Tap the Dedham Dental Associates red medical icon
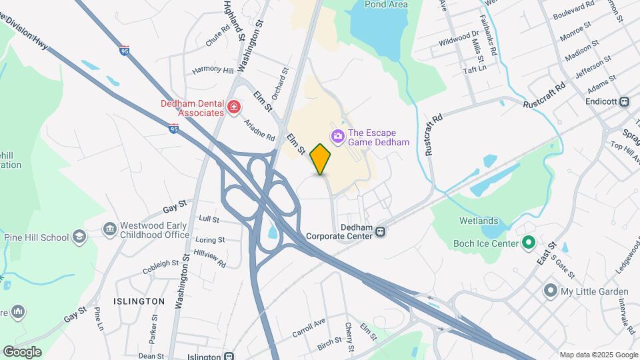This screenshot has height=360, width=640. click(233, 107)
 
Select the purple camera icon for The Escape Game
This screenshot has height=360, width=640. click(337, 137)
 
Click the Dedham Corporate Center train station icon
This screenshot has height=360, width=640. click(379, 231)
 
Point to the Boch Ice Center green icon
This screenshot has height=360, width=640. click(529, 243)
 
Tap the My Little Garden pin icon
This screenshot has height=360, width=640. click(550, 291)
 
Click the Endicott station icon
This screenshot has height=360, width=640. click(625, 102)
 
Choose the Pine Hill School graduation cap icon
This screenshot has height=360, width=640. click(79, 237)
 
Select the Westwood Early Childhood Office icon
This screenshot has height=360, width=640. click(109, 230)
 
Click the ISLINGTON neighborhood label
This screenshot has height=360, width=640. click(139, 301)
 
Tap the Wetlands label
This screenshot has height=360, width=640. click(478, 221)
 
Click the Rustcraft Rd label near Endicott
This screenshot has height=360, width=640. click(544, 95)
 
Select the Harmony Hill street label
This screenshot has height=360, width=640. click(213, 70)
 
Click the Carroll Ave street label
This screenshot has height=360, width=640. click(309, 327)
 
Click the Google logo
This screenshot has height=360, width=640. click(22, 352)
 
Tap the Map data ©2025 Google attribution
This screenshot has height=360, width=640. click(599, 355)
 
